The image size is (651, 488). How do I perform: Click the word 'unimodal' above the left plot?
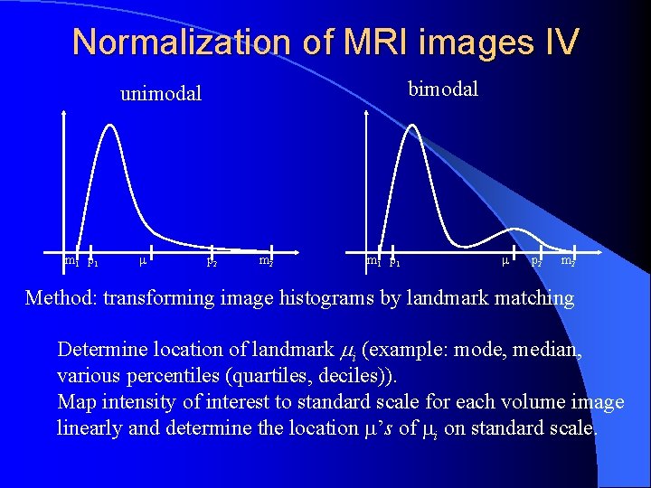(161, 93)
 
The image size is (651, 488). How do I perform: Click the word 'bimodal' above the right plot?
(443, 89)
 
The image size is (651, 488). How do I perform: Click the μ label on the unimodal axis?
(144, 262)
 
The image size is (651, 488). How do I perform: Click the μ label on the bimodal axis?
(505, 262)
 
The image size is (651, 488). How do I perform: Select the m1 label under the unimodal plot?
(71, 262)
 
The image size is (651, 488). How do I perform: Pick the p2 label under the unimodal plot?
(212, 263)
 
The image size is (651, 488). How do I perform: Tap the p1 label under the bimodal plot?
(394, 263)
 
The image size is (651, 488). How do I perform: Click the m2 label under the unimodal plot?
(266, 261)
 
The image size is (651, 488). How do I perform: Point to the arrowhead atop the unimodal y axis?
(63, 114)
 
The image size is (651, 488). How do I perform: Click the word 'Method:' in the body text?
(61, 297)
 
